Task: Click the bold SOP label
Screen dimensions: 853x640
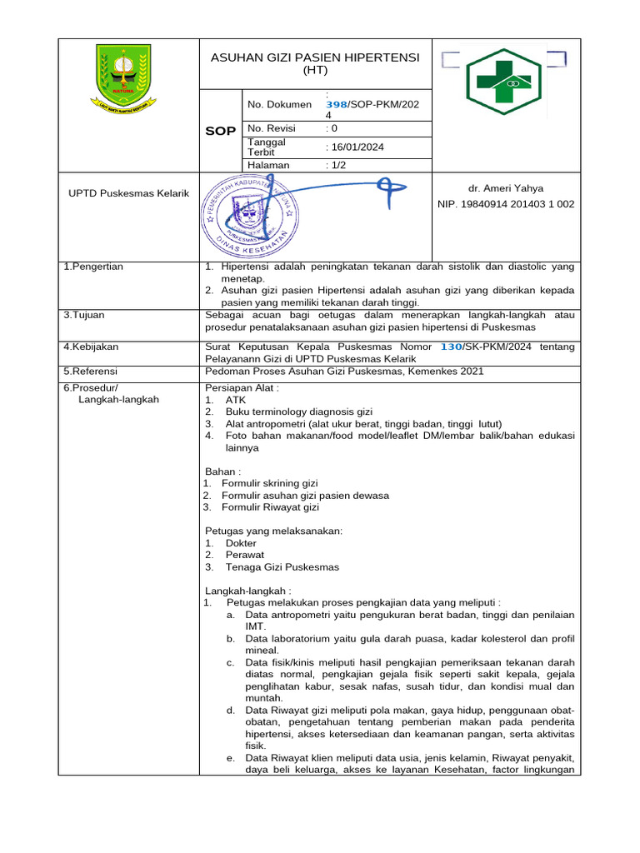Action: coord(220,132)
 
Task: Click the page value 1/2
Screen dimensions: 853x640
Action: coord(338,165)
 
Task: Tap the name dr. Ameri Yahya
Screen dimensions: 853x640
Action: coord(506,188)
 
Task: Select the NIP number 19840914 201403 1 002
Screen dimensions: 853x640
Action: coord(506,204)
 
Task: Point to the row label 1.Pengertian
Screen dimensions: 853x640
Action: coord(93,267)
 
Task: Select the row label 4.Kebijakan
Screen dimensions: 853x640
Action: coord(91,346)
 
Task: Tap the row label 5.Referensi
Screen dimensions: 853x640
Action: coord(92,372)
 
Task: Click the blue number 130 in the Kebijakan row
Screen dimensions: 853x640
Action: coord(451,346)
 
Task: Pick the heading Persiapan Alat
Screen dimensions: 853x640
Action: coord(242,388)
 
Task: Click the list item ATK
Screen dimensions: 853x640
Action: coord(236,400)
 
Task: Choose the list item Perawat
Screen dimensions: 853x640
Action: coord(245,555)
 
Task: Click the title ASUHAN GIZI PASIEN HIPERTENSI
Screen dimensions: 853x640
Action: coord(315,57)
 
